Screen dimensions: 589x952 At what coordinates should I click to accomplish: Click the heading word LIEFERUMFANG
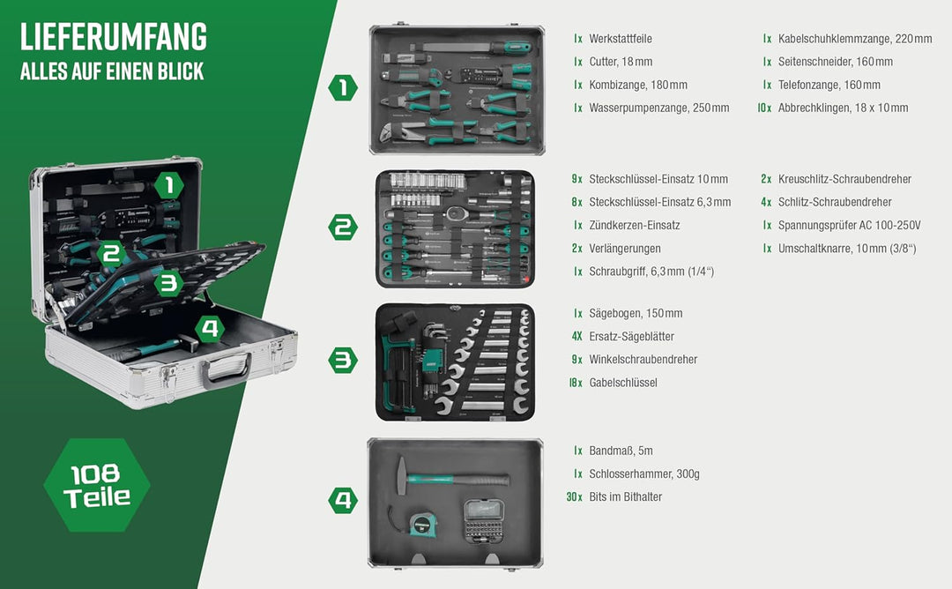pyautogui.click(x=114, y=37)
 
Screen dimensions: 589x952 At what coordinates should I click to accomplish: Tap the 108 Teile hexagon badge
pyautogui.click(x=97, y=485)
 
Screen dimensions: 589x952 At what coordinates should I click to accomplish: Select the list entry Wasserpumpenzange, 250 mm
pyautogui.click(x=658, y=108)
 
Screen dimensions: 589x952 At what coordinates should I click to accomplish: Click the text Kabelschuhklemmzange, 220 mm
pyautogui.click(x=854, y=39)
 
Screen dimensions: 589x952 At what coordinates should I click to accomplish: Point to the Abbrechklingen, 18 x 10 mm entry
pyautogui.click(x=842, y=108)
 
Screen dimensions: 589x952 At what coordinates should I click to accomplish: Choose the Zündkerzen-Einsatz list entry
pyautogui.click(x=634, y=225)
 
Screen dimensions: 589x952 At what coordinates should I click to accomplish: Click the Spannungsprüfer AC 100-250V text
pyautogui.click(x=847, y=225)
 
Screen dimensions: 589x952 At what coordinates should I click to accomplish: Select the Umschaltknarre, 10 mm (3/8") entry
pyautogui.click(x=846, y=248)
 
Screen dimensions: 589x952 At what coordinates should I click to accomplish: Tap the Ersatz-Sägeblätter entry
pyautogui.click(x=631, y=336)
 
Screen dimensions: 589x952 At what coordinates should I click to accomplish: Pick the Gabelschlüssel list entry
pyautogui.click(x=622, y=383)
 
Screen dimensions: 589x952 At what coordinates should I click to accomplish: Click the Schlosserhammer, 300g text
pyautogui.click(x=643, y=473)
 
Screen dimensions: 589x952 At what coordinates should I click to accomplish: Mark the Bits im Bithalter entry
pyautogui.click(x=625, y=496)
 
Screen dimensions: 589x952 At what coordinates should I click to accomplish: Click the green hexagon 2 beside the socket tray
pyautogui.click(x=343, y=227)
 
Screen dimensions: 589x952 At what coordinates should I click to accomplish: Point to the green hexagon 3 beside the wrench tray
pyautogui.click(x=343, y=360)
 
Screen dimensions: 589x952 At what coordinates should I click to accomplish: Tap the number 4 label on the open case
pyautogui.click(x=208, y=330)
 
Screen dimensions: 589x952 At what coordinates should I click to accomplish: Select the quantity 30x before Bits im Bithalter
pyautogui.click(x=575, y=496)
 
